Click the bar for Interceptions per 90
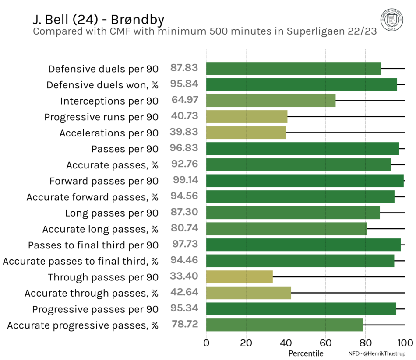271,101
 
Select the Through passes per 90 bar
240,277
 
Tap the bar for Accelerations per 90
246,133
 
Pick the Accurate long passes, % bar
286,229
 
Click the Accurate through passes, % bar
249,293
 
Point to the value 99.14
186,180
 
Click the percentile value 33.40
184,276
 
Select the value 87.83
184,68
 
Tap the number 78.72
185,324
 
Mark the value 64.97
185,100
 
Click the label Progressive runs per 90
101,117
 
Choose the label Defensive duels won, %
102,85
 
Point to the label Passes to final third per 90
93,245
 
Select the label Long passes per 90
112,213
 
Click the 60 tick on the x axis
325,343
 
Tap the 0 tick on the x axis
206,343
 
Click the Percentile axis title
306,353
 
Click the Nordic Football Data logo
392,20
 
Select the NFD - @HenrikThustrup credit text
377,353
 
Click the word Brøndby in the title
137,20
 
